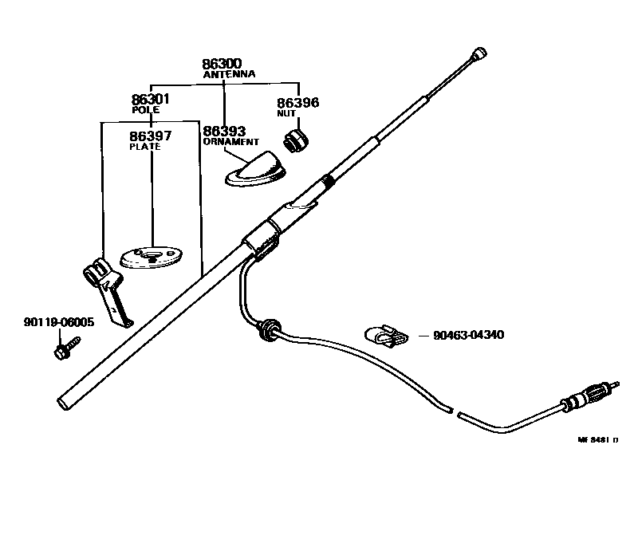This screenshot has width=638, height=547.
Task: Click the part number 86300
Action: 222,64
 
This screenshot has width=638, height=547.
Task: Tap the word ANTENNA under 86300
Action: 229,74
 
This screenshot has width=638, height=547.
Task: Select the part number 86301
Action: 151,100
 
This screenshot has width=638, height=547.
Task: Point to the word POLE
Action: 146,110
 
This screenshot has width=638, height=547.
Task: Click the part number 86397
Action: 150,136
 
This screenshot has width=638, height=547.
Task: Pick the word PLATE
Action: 145,147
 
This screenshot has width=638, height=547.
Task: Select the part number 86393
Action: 223,131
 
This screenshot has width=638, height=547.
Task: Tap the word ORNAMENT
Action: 230,141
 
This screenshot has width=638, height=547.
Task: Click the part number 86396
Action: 297,103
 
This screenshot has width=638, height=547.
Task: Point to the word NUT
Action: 286,113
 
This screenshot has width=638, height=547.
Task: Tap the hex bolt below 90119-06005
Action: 63,349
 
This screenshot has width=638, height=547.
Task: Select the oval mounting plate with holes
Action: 150,256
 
